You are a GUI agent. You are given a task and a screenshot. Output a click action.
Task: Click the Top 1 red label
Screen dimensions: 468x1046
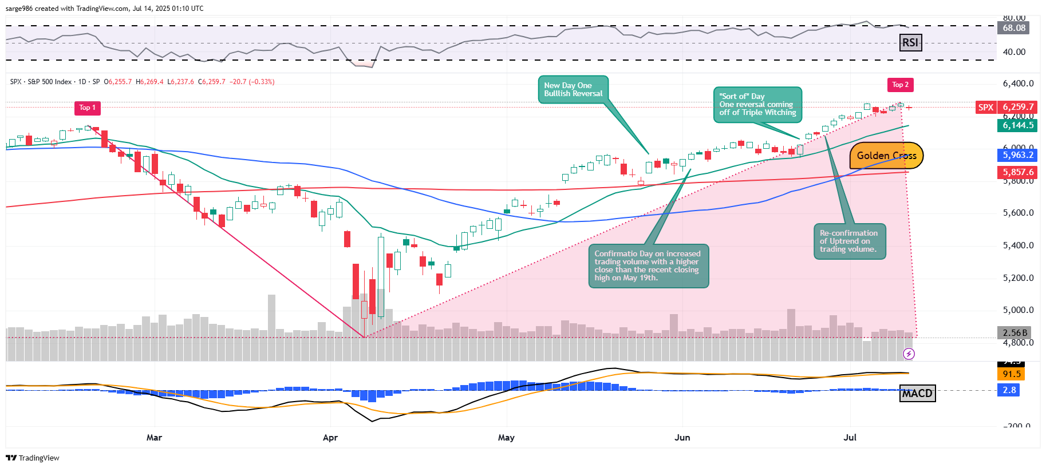(88, 108)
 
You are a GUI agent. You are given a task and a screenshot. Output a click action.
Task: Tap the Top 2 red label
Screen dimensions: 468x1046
(900, 85)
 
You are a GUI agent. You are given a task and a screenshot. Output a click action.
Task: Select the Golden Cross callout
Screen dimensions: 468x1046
(886, 156)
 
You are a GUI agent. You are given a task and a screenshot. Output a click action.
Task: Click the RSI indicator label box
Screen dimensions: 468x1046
(910, 42)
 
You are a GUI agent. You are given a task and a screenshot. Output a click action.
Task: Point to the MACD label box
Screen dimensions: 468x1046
(917, 393)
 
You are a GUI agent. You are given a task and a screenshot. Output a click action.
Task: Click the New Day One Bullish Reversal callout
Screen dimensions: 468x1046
(573, 90)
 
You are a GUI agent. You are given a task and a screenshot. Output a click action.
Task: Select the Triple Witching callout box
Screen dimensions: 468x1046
(757, 105)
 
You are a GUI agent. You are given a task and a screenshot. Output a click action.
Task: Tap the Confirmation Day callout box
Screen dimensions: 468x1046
(648, 266)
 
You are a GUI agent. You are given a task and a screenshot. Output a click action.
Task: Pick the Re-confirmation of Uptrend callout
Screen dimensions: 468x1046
(850, 241)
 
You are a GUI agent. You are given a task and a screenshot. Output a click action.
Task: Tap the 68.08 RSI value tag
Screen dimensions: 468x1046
(1014, 27)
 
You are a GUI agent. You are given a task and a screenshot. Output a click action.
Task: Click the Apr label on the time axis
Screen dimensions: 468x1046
(330, 438)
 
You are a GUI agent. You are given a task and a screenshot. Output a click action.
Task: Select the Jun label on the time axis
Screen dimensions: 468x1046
(682, 438)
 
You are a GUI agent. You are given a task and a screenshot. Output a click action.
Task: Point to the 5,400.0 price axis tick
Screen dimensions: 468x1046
(1018, 245)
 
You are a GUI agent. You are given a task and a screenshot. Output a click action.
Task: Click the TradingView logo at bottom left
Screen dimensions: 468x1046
(33, 458)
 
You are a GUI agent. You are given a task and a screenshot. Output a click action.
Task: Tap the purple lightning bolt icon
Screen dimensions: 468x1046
(909, 354)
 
